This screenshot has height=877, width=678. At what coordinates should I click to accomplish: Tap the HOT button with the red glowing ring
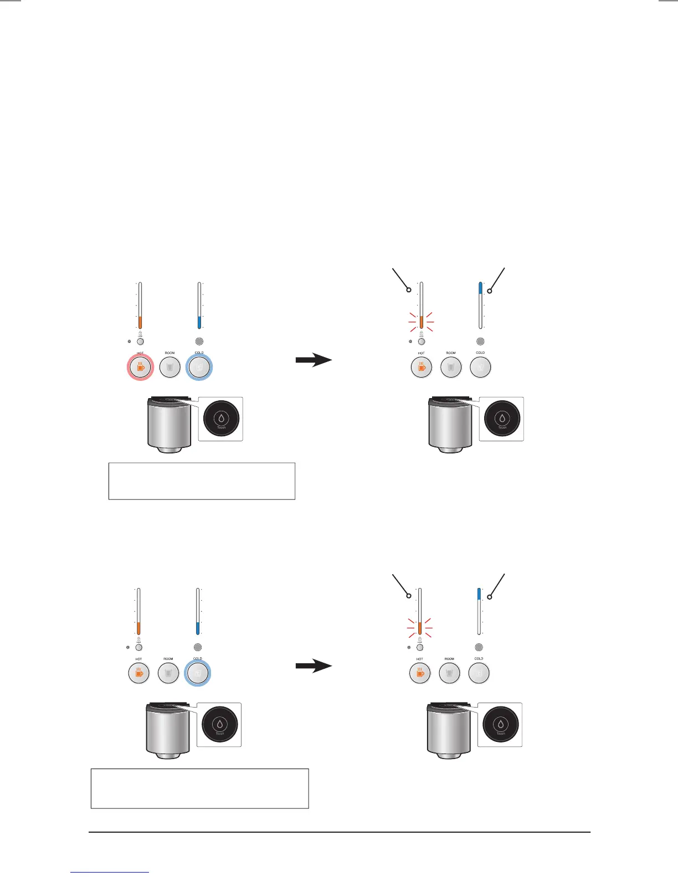[x=140, y=367]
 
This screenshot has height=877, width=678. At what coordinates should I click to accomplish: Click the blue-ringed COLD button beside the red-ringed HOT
[x=199, y=367]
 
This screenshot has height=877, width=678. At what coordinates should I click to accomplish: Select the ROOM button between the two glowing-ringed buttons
[x=169, y=367]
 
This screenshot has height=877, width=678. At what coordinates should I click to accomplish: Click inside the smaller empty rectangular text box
[x=202, y=481]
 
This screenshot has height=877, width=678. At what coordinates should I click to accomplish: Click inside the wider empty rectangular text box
[x=199, y=788]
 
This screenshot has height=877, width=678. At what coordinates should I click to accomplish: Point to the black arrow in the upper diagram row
[x=314, y=360]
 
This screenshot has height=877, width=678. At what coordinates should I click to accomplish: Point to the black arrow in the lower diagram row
[x=314, y=666]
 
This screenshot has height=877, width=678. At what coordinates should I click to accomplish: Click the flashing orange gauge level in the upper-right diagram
[x=422, y=322]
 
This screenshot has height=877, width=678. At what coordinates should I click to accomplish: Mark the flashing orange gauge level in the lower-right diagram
[x=420, y=628]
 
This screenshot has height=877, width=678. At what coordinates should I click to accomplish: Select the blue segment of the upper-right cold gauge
[x=480, y=288]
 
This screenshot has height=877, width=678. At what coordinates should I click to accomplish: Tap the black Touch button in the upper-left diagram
[x=221, y=418]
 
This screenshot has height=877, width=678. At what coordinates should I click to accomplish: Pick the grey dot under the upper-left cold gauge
[x=199, y=342]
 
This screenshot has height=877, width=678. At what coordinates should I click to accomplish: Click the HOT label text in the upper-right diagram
[x=422, y=353]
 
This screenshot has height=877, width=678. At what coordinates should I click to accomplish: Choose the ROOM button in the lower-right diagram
[x=449, y=673]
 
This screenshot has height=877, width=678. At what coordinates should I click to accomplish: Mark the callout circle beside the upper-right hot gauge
[x=408, y=290]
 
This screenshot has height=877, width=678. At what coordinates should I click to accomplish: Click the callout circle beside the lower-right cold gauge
[x=490, y=596]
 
